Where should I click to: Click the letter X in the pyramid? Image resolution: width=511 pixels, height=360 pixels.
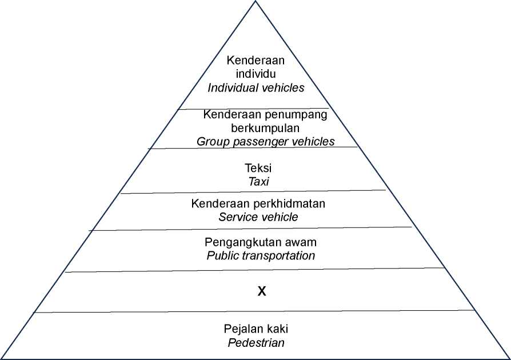point(262,291)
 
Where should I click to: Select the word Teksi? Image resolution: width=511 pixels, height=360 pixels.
point(258,168)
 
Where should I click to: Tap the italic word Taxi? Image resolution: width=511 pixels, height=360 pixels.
point(259,182)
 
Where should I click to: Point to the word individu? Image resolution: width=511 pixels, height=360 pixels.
point(256,74)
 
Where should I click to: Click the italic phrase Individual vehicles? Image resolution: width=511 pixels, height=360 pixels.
point(256,87)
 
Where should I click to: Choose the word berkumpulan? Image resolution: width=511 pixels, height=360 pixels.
point(265,128)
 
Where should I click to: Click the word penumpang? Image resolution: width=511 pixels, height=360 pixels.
point(296,115)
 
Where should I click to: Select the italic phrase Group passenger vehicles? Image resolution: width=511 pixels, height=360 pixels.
point(266,141)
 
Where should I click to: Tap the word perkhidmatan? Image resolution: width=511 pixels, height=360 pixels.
point(289,203)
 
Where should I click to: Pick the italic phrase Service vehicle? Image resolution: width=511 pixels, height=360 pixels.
point(258,217)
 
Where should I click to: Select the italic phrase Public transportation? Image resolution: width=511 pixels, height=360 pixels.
point(261,256)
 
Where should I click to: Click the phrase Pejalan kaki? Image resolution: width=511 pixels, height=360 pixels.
point(256,329)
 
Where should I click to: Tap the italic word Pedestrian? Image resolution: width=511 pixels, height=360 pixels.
point(256,343)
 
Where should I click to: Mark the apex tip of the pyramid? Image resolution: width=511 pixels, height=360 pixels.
point(255,1)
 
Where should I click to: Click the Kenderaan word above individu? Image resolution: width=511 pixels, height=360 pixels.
point(256,60)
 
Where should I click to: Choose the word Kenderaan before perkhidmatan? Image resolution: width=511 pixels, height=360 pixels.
point(221,203)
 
